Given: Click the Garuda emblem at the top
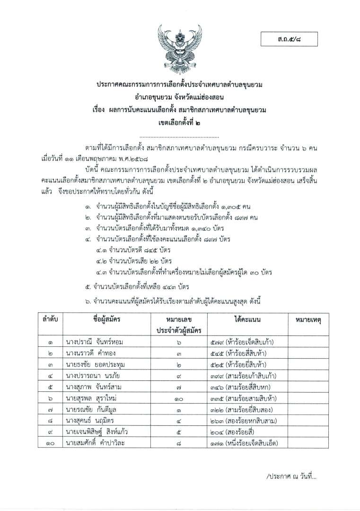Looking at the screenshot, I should click(180, 49).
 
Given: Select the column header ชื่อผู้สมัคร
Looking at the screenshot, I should click(107, 319).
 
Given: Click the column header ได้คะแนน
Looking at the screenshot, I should click(245, 319).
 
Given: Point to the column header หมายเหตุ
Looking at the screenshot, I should click(308, 320).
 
